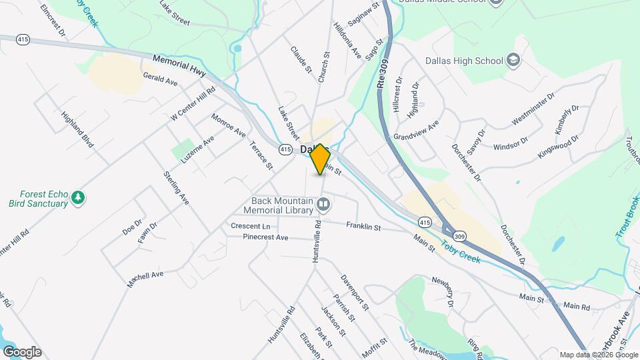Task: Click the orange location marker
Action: [321, 159]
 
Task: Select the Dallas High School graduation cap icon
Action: [513, 61]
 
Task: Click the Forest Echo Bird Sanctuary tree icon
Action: [79, 197]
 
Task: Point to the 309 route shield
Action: [459, 236]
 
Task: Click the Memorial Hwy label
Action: [179, 65]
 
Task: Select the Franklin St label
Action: [363, 227]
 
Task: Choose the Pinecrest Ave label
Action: [265, 237]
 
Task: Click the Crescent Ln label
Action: [249, 226]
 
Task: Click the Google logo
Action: [22, 352]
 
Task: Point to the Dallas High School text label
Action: [464, 61]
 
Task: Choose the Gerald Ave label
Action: [160, 79]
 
